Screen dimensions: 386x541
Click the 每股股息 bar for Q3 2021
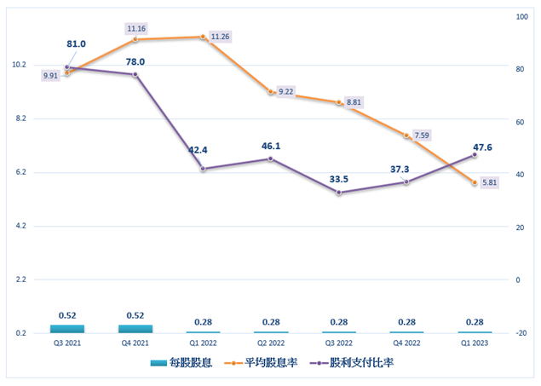click(x=67, y=328)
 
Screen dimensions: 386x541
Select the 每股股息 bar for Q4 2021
click(x=135, y=328)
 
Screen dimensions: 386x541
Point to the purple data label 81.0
click(x=77, y=44)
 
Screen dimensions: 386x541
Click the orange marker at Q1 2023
click(x=475, y=183)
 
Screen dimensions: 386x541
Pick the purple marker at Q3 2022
click(x=339, y=193)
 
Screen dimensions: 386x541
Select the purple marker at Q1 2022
click(x=203, y=169)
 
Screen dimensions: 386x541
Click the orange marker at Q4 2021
click(x=135, y=40)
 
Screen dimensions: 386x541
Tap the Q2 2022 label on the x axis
click(x=271, y=343)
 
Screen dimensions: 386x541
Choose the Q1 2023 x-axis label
click(x=475, y=343)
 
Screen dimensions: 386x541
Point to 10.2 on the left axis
click(x=18, y=65)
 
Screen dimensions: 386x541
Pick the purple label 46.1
click(x=271, y=146)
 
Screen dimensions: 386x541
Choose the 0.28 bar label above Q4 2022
click(x=406, y=321)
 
